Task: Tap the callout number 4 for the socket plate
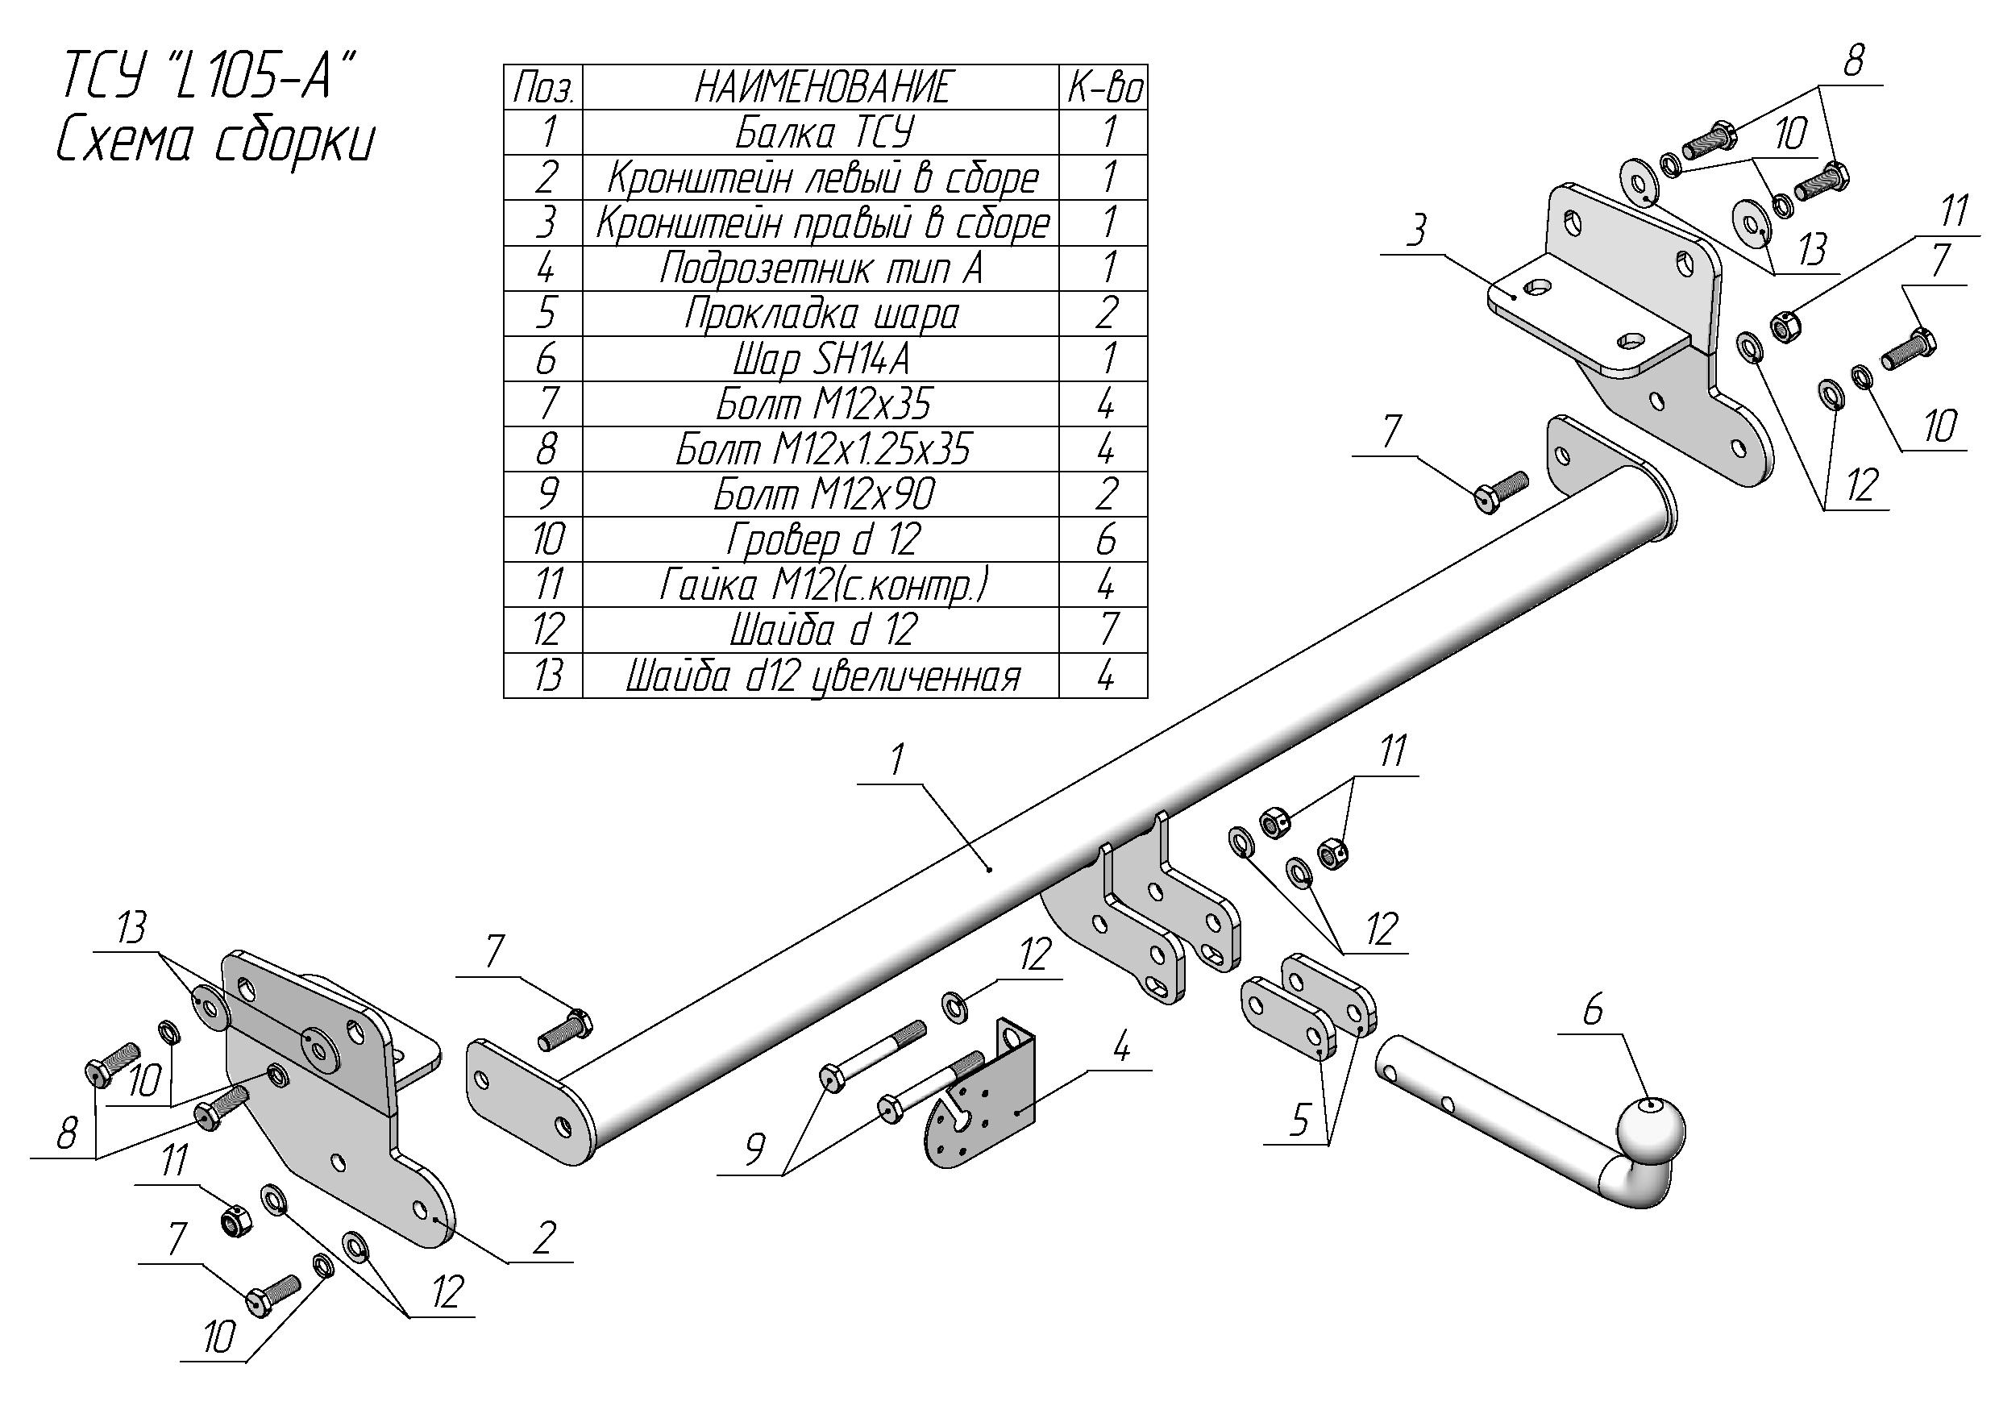[x=1121, y=1047]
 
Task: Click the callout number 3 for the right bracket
[x=1417, y=231]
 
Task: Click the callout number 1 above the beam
[x=898, y=760]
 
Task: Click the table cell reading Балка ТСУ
[x=823, y=132]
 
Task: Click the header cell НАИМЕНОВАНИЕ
[x=823, y=87]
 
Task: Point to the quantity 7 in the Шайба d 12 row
[x=1106, y=630]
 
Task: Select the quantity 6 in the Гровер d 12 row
[x=1106, y=540]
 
